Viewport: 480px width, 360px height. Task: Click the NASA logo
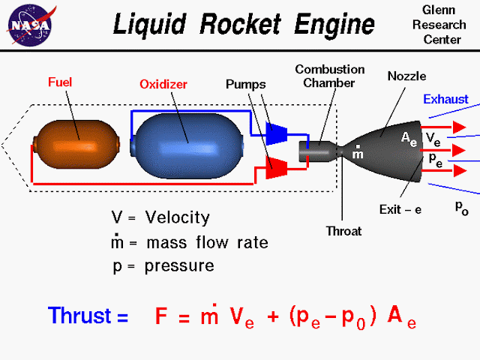point(31,25)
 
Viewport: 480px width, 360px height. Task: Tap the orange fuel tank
point(76,145)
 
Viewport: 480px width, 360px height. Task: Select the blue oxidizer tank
point(187,145)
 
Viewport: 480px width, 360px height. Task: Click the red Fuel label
point(60,82)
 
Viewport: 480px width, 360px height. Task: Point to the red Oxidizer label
point(163,84)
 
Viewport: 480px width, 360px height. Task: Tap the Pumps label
point(245,85)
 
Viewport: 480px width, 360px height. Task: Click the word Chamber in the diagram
point(328,82)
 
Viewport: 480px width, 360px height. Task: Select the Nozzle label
point(406,76)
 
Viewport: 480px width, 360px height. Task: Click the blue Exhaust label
point(445,99)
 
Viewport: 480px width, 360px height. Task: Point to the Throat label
point(343,231)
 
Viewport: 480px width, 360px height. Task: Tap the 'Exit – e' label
point(400,210)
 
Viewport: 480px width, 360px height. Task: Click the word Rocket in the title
point(240,24)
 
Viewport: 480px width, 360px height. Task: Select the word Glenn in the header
point(439,10)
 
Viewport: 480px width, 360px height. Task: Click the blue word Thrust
point(79,315)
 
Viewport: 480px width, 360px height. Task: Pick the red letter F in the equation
point(161,316)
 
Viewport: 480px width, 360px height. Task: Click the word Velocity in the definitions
point(178,217)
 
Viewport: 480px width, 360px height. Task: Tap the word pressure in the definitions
point(179,265)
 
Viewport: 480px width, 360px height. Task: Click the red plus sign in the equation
point(273,316)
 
